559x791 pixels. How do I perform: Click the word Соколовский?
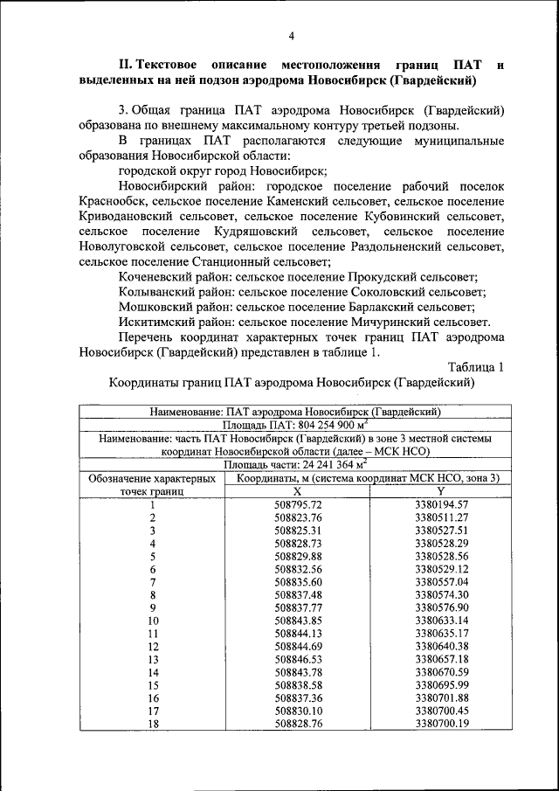click(364, 292)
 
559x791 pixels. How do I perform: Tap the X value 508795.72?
click(298, 505)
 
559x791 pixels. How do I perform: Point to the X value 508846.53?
click(298, 658)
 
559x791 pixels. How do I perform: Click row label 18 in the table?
click(152, 724)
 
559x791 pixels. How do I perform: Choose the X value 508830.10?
click(298, 711)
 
